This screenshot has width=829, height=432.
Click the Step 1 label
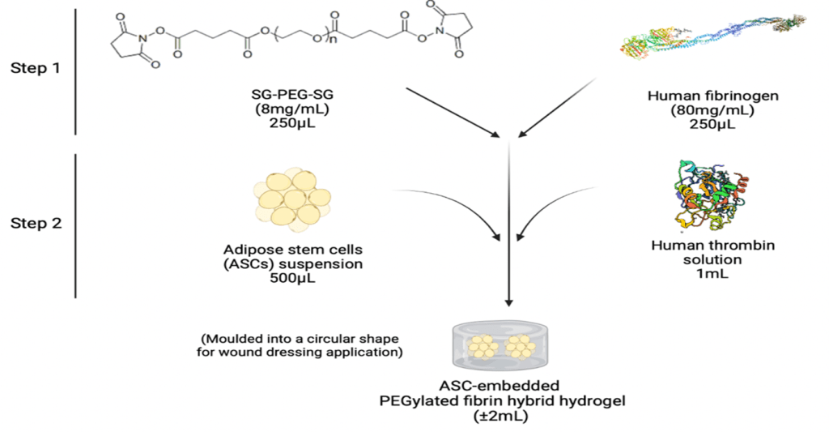35,68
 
